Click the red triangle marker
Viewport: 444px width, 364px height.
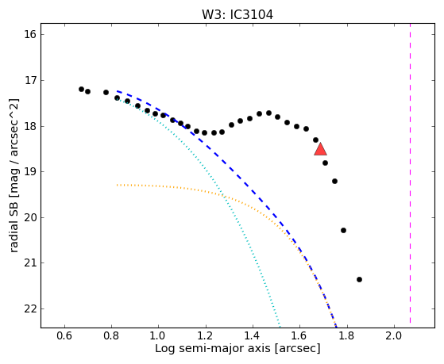point(321,150)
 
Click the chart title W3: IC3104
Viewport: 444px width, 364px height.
point(237,15)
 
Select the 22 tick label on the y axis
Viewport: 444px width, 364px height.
point(31,308)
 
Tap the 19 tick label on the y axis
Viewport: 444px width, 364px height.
point(31,171)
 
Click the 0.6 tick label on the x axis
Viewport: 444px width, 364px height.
point(64,335)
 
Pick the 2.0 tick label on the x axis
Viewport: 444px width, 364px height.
point(394,335)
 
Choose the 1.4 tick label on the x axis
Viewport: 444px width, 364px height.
point(253,335)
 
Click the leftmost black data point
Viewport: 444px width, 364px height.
point(82,89)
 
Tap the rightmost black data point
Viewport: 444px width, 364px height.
point(359,279)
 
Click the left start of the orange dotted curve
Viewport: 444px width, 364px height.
point(117,185)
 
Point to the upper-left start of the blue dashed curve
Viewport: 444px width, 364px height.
point(118,91)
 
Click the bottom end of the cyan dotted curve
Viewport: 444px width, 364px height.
point(280,324)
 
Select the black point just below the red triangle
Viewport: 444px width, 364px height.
point(325,163)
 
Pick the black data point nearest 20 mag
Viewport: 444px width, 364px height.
point(343,230)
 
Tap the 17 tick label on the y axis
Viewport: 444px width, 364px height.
point(31,80)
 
